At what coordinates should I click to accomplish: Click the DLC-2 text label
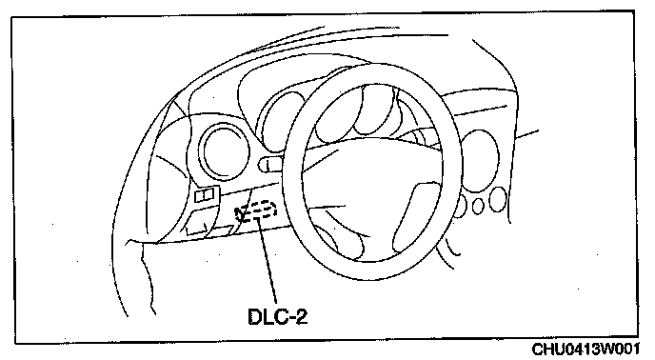click(277, 316)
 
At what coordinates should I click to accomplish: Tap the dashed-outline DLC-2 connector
click(259, 210)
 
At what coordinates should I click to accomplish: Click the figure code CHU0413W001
click(586, 350)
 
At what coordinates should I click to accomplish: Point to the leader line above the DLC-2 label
click(268, 260)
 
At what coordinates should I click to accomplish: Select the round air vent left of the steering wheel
click(224, 152)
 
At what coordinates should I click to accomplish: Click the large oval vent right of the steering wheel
click(481, 161)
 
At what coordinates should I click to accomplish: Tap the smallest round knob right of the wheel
click(478, 206)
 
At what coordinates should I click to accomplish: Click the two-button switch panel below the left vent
click(206, 194)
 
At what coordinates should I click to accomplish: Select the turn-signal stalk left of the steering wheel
click(270, 164)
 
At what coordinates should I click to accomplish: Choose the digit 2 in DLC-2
click(301, 316)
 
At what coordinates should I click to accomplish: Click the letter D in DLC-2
click(255, 316)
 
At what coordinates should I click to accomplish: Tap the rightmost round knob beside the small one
click(498, 199)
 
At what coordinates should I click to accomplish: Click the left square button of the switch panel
click(200, 195)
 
